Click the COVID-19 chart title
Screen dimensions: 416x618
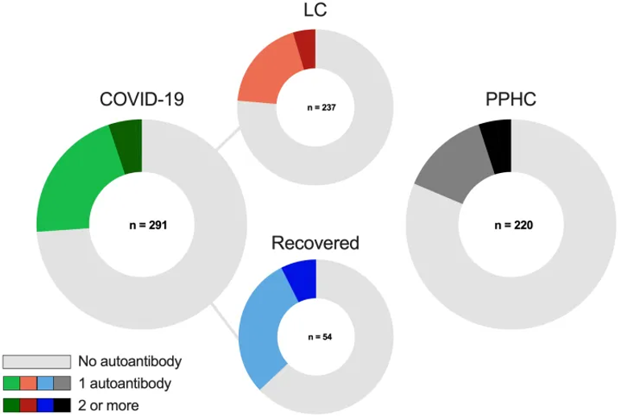pyautogui.click(x=142, y=100)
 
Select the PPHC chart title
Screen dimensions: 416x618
pyautogui.click(x=511, y=100)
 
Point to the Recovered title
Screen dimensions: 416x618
pyautogui.click(x=315, y=243)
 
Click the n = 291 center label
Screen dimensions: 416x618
pyautogui.click(x=142, y=224)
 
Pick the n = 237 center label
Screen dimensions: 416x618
pyautogui.click(x=315, y=108)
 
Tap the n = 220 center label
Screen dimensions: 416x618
pyautogui.click(x=511, y=224)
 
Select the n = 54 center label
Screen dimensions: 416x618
pyautogui.click(x=315, y=336)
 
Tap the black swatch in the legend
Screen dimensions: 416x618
pyautogui.click(x=62, y=405)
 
